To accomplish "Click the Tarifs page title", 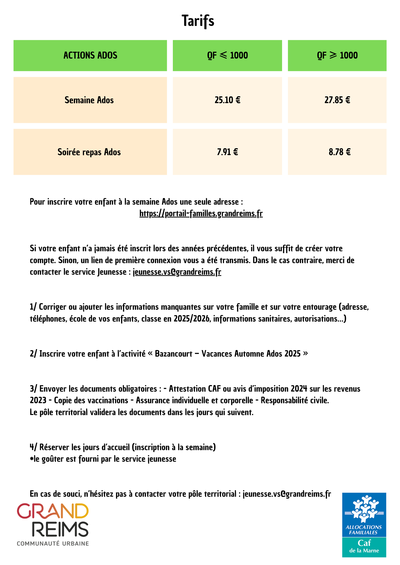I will [x=198, y=21].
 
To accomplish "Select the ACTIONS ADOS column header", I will [x=90, y=55].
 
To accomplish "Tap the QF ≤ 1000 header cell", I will [x=227, y=55].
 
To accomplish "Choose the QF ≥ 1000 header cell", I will [x=337, y=55].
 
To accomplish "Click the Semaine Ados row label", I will [x=89, y=100].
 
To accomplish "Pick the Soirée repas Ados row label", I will [x=89, y=152].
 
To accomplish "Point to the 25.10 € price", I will [x=227, y=100].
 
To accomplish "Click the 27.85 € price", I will [x=337, y=100].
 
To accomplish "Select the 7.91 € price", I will [x=227, y=152].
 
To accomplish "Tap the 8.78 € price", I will [x=339, y=152].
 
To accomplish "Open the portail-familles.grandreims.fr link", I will [x=201, y=214].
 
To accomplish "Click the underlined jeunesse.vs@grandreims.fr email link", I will [x=177, y=272].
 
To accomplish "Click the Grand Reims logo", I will [x=53, y=520].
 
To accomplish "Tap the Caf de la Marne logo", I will [x=364, y=525].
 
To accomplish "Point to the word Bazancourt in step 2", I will [x=173, y=354].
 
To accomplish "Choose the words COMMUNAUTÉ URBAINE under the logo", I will [x=53, y=544].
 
